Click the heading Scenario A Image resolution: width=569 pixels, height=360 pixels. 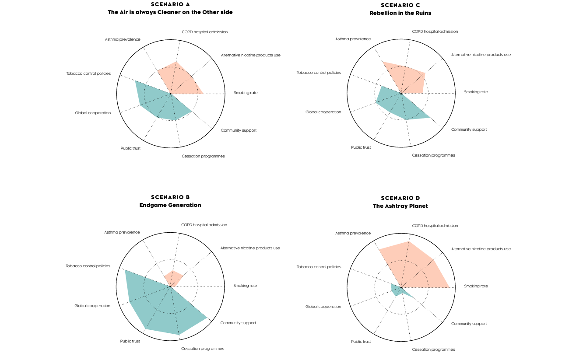click(170, 4)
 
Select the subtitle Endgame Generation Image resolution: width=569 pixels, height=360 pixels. click(170, 205)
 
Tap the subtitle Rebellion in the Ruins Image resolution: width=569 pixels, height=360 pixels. click(400, 13)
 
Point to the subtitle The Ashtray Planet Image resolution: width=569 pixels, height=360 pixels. click(400, 206)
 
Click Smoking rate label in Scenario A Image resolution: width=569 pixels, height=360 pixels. click(246, 93)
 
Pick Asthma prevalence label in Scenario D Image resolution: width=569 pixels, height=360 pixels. click(353, 233)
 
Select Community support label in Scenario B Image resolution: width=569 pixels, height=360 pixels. click(238, 323)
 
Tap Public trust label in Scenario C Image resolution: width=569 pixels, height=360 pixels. click(361, 147)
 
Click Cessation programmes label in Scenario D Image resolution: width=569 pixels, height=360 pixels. click(433, 350)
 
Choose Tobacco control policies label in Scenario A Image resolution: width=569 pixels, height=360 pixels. click(88, 73)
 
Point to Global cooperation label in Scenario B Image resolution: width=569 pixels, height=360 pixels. click(92, 306)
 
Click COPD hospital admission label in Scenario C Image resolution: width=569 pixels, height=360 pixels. click(435, 31)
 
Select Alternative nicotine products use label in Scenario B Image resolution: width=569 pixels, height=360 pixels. click(250, 248)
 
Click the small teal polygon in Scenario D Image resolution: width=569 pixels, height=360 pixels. click(397, 290)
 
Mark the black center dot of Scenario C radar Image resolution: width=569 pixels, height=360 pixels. click(401, 93)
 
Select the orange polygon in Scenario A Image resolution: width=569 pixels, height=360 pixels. click(179, 81)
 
